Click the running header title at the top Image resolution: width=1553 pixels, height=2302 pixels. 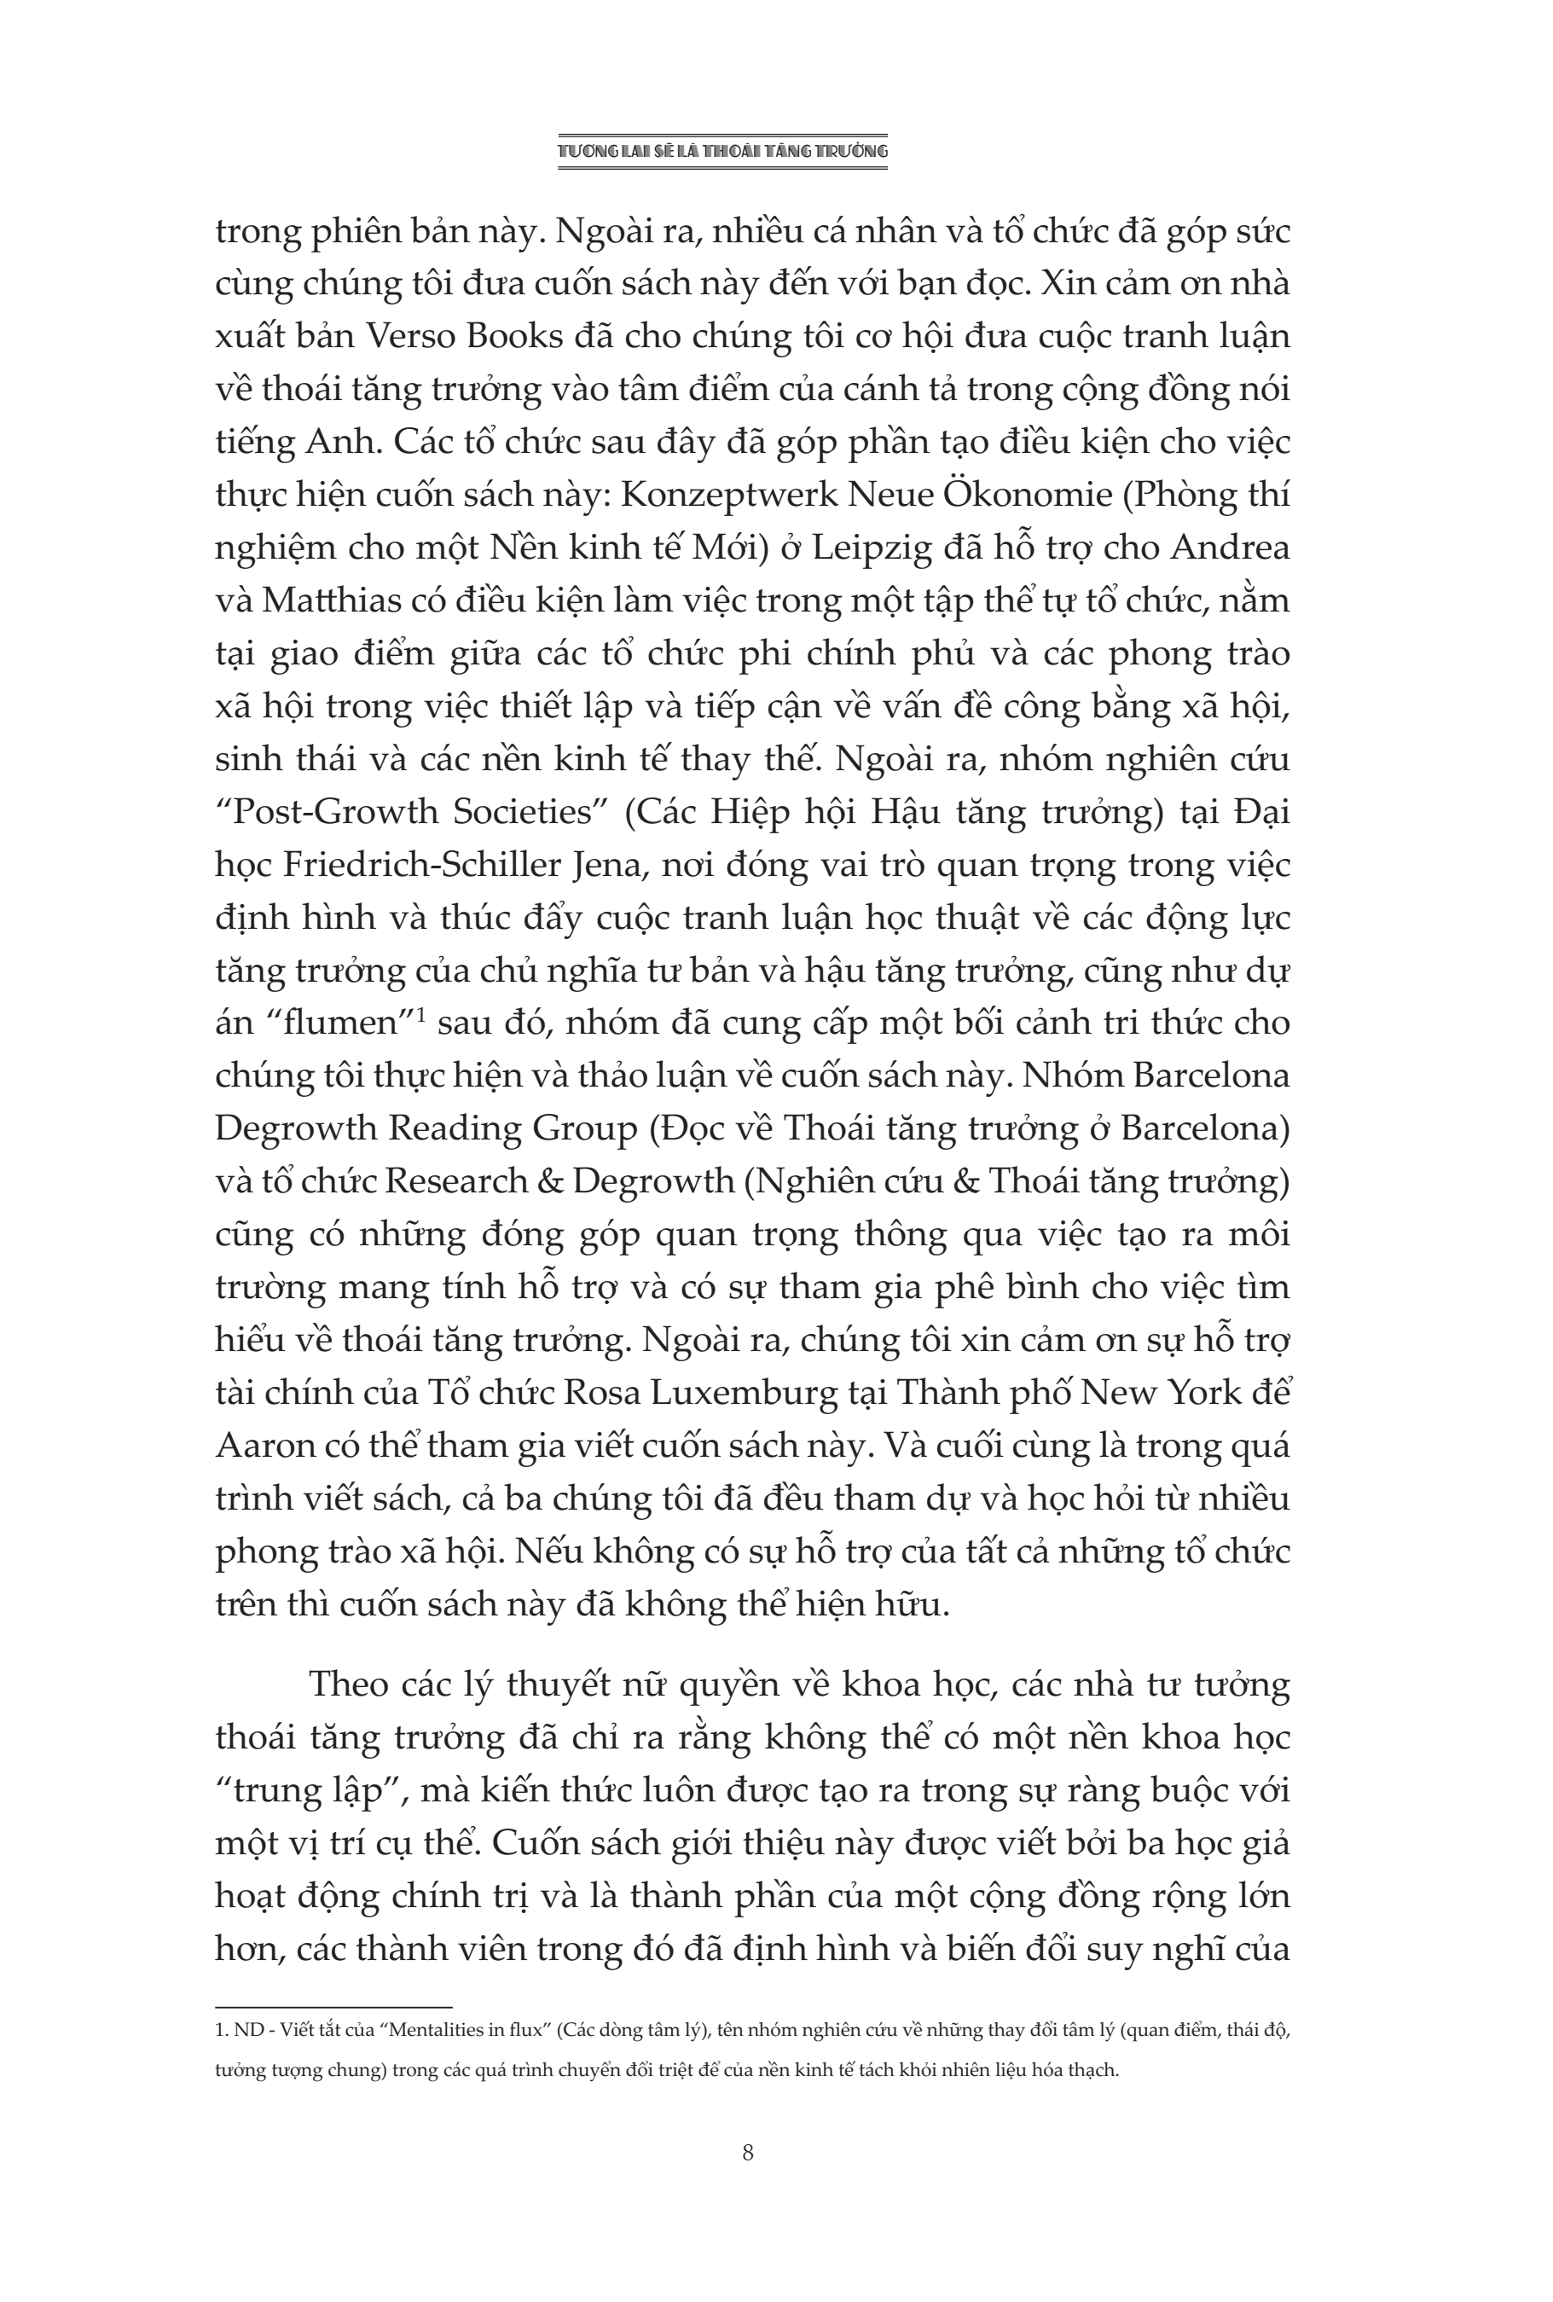(x=722, y=152)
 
